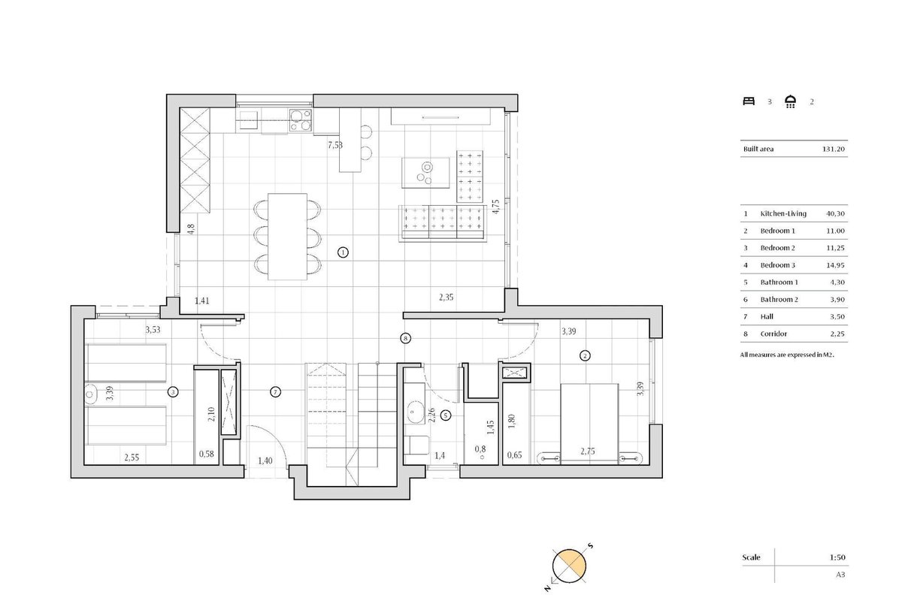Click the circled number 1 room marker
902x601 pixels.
tap(343, 252)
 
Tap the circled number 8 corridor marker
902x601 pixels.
tap(405, 339)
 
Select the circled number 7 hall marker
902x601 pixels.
tap(275, 391)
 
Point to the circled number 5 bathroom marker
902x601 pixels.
tap(446, 415)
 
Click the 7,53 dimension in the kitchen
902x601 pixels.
tap(335, 145)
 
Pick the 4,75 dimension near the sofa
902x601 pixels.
tap(495, 207)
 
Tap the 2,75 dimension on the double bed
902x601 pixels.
tap(588, 452)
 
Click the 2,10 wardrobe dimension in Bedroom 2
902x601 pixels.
tap(211, 414)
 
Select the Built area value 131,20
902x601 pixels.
tap(833, 149)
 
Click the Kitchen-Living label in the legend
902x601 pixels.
tap(783, 214)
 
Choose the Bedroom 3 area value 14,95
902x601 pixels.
tap(835, 265)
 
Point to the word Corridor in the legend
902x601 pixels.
tap(773, 334)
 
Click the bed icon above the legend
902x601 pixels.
tap(749, 101)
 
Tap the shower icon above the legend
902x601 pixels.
tap(791, 101)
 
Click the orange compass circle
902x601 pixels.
tap(569, 566)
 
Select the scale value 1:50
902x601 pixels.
tap(837, 557)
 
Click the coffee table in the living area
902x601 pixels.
tap(425, 173)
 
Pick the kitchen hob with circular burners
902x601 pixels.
tap(301, 120)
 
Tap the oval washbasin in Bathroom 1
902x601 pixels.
tap(413, 412)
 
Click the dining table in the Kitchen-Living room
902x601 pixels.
tap(287, 237)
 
